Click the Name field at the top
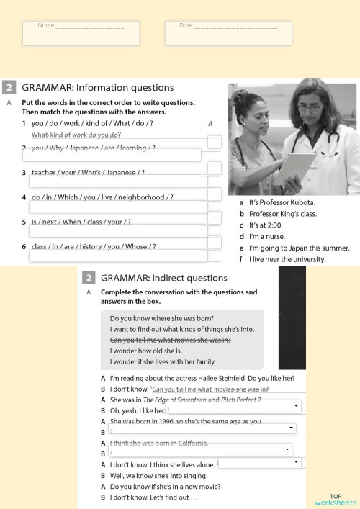coord(81,32)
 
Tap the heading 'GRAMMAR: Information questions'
coord(98,88)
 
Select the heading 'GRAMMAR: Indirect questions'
coord(163,277)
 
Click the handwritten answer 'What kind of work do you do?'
coord(76,135)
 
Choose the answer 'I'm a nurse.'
coord(267,236)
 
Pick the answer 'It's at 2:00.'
coord(269,225)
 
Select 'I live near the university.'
coord(287,259)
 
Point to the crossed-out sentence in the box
coord(170,339)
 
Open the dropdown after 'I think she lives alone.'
coord(296,462)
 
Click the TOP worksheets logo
coord(336,500)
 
